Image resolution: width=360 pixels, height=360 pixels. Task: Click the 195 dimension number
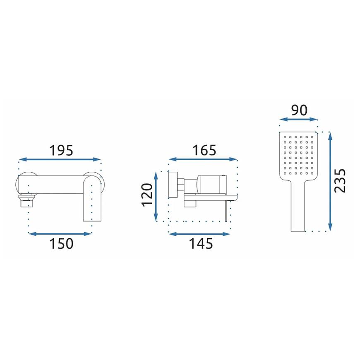(61, 150)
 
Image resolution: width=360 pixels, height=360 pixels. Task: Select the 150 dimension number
(61, 244)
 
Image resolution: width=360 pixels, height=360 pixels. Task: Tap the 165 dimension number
(204, 150)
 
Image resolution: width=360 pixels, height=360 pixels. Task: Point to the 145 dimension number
(201, 244)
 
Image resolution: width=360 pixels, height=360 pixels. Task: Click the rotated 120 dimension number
(147, 195)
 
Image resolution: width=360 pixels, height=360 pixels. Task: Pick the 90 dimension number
(299, 110)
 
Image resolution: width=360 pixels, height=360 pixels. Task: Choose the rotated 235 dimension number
(340, 181)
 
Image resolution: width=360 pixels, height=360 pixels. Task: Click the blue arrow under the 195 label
(60, 159)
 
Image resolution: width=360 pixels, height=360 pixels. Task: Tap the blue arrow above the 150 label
(60, 234)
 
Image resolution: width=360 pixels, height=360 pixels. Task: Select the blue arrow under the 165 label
(203, 159)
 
